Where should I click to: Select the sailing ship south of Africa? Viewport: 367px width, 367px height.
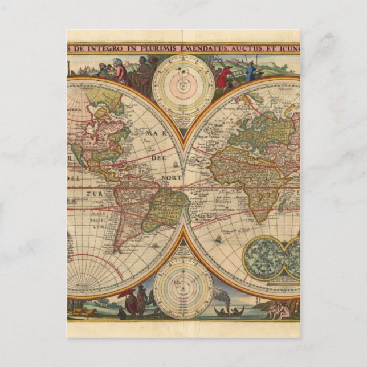[x=220, y=239]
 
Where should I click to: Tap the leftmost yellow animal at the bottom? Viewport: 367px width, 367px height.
[x=76, y=311]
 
